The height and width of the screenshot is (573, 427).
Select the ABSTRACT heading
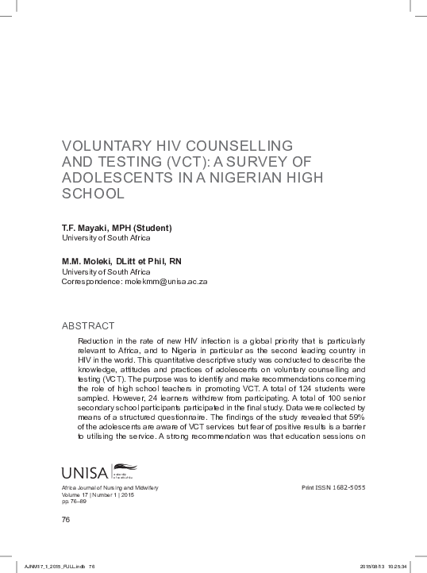coord(88,325)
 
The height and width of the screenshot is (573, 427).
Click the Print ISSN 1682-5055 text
coord(335,486)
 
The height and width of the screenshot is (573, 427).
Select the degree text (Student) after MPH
coord(152,228)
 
